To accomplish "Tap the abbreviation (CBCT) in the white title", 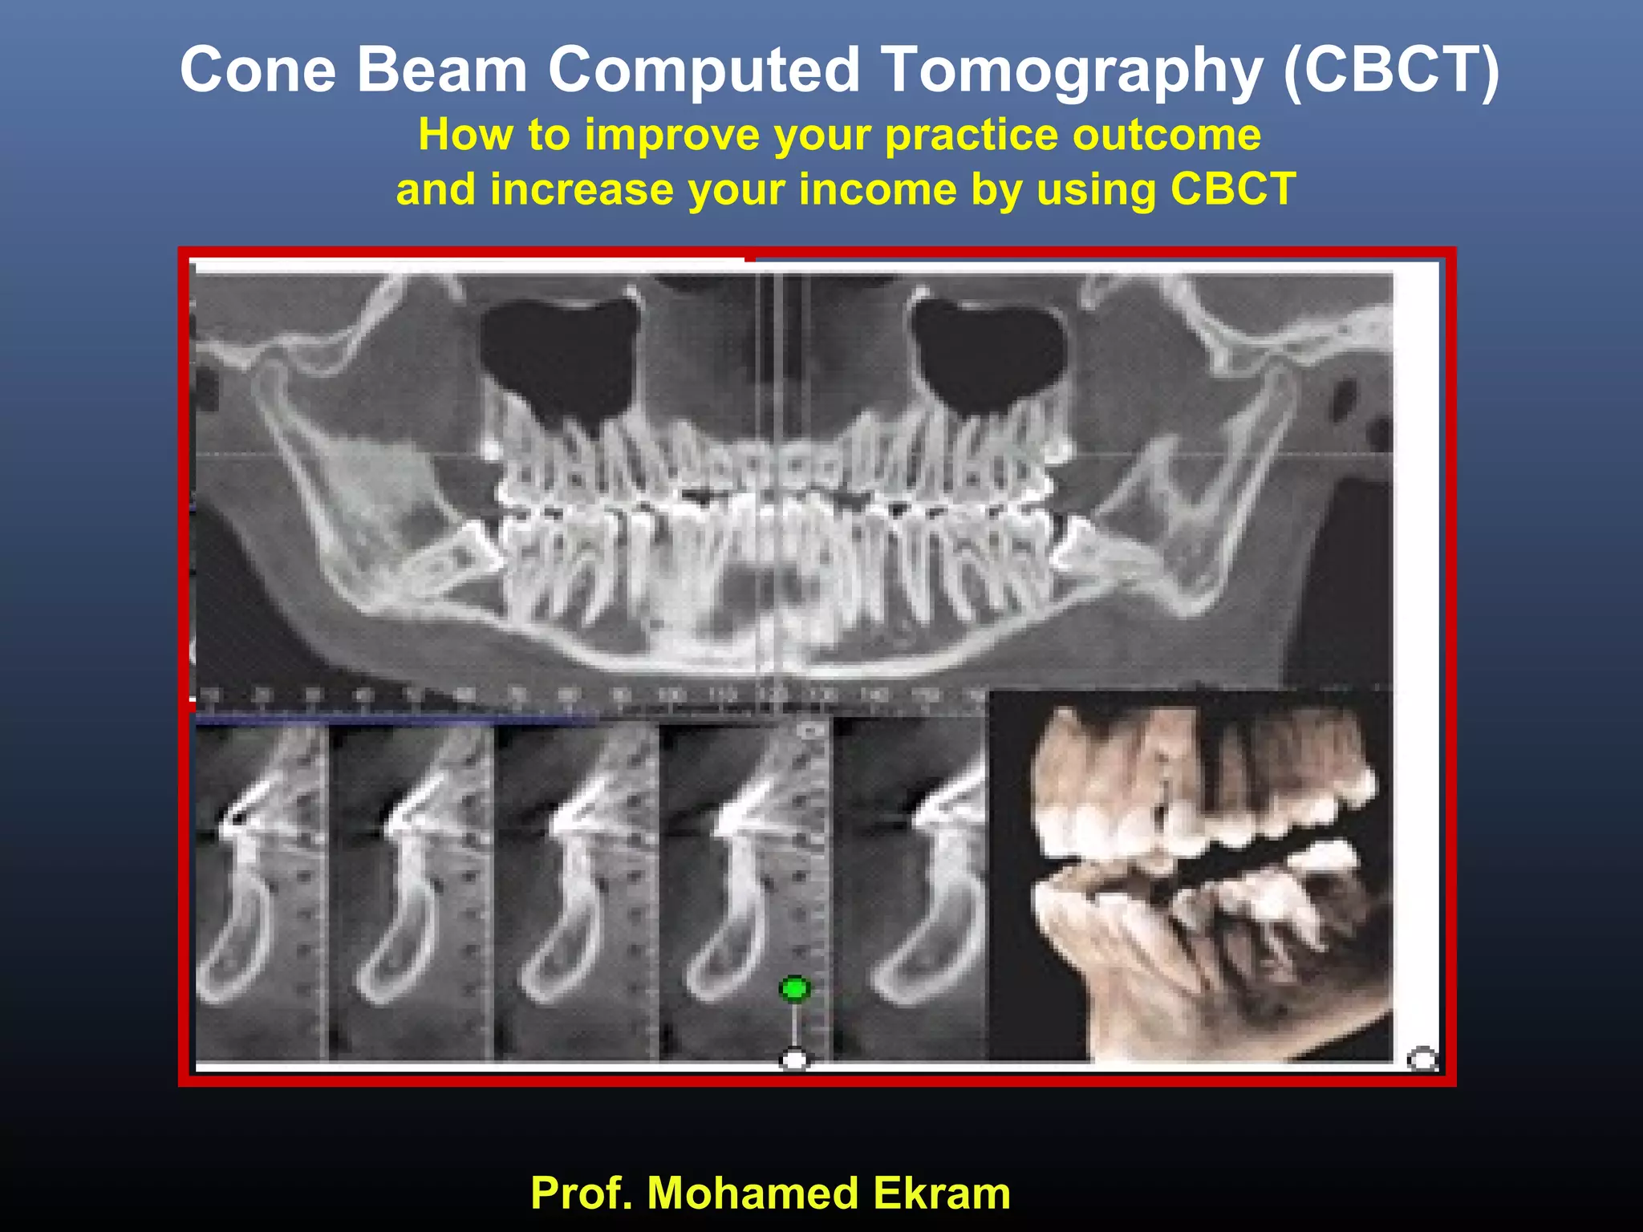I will coord(1390,71).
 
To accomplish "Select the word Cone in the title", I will coord(258,71).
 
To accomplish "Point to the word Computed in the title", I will coord(704,71).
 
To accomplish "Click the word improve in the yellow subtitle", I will coord(671,135).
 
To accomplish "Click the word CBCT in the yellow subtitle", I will coord(1233,190).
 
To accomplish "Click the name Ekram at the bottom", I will coord(942,1193).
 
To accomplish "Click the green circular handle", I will coord(795,989).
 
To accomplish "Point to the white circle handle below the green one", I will coord(794,1060).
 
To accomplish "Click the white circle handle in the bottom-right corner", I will coord(1422,1060).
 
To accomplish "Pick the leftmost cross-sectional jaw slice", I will coord(261,890).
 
